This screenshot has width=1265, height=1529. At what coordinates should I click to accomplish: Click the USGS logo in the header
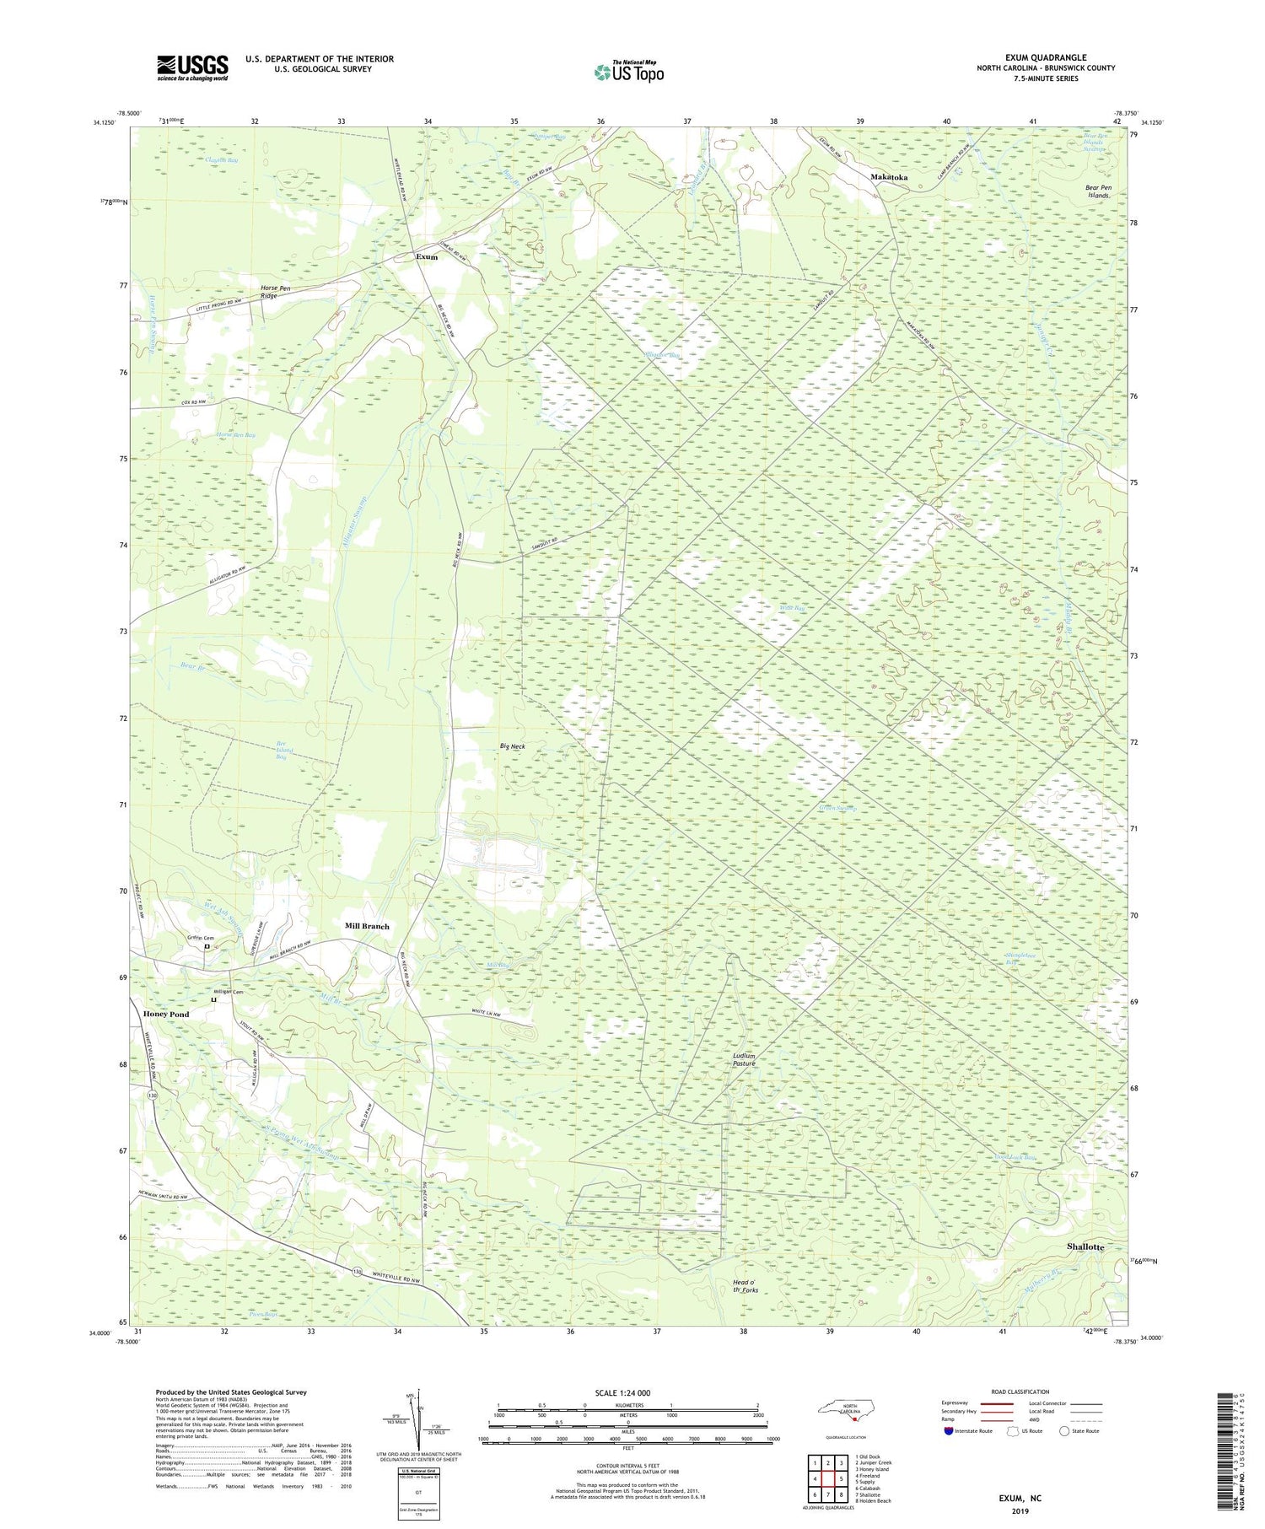pos(192,67)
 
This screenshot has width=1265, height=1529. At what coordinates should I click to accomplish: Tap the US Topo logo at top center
pos(628,72)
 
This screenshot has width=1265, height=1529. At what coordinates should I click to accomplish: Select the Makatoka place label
pos(889,177)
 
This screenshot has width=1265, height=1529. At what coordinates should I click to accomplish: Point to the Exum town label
pos(427,256)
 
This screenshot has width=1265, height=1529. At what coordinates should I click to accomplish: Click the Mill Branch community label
pos(367,926)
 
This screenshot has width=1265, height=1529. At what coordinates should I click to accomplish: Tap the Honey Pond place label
pos(166,1014)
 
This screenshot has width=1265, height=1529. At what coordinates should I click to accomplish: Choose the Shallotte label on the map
pos(1085,1246)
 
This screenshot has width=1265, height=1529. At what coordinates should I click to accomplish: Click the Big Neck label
pos(512,746)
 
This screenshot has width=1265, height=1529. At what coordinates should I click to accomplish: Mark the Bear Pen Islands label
pos(1099,191)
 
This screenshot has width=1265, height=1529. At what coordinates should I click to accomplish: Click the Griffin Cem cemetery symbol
pos(207,947)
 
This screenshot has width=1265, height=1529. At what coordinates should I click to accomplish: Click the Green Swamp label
pos(837,809)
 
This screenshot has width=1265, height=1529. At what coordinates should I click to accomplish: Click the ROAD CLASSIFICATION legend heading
pos(1020,1392)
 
